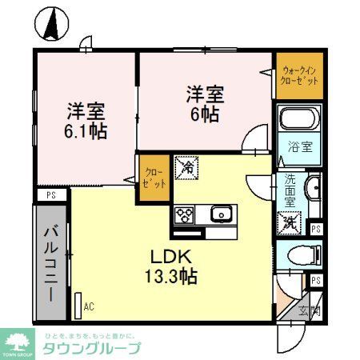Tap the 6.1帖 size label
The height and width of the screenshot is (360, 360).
tap(86, 130)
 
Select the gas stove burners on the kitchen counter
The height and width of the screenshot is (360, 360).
tap(184, 214)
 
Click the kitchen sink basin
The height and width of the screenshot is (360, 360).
tap(220, 214)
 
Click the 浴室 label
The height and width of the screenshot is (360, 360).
tap(300, 148)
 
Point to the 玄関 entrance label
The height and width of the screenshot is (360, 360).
tap(310, 311)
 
